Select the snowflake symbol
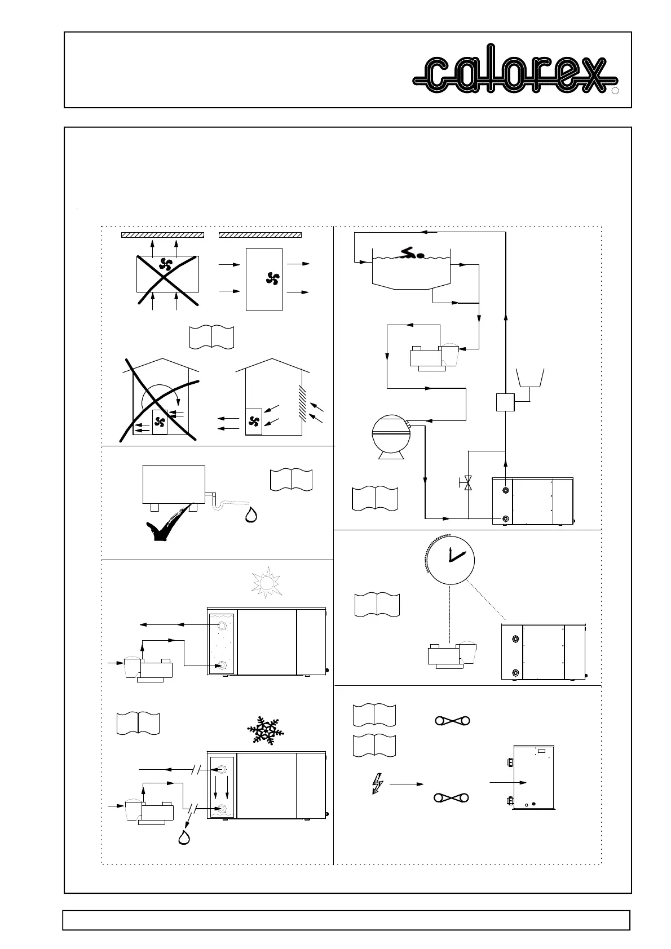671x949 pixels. (x=266, y=731)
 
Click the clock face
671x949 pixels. (x=449, y=557)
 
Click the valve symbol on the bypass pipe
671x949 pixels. (x=467, y=483)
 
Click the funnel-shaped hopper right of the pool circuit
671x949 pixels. (x=530, y=378)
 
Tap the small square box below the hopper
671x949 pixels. (x=506, y=402)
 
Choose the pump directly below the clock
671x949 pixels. (x=452, y=656)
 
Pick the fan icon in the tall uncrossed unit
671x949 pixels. (x=273, y=278)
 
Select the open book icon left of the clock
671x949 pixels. (x=377, y=605)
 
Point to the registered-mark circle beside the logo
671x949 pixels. (x=616, y=91)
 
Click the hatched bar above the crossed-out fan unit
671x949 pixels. (x=163, y=234)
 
